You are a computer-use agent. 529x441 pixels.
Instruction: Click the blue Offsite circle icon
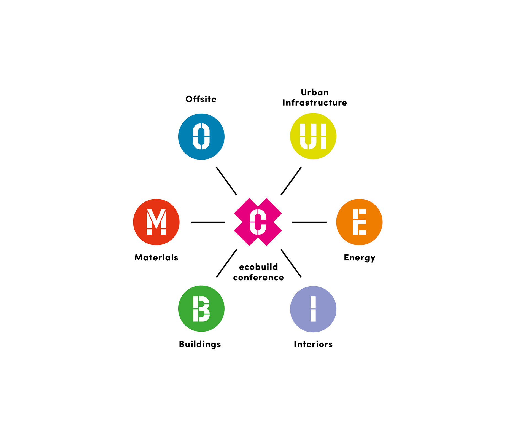[x=201, y=136]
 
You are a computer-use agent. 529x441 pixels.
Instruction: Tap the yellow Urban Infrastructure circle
[x=313, y=136]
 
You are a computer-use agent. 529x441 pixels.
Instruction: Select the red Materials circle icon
[x=156, y=222]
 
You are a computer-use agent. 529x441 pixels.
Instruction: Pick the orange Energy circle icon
[x=359, y=222]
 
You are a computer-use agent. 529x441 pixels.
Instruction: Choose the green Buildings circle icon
[x=201, y=308]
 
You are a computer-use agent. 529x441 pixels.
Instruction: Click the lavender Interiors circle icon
[x=313, y=309]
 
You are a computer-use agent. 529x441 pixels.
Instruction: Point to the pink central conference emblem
[x=258, y=222]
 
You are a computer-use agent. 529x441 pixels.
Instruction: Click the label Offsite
[x=201, y=99]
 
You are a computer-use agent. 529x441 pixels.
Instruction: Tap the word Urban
[x=315, y=92]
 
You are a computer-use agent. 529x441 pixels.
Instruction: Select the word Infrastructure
[x=315, y=103]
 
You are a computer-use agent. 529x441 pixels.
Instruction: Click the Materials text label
[x=156, y=257]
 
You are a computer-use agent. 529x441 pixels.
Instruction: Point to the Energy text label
[x=359, y=258]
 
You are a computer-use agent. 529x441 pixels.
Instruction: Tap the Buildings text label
[x=200, y=344]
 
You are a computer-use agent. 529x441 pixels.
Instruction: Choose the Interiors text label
[x=313, y=344]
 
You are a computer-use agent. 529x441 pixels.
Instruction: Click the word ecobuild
[x=258, y=267]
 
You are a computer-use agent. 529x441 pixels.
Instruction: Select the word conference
[x=258, y=277]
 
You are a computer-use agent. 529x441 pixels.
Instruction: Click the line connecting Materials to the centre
[x=208, y=222]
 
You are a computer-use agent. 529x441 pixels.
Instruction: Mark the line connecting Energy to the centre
[x=309, y=222]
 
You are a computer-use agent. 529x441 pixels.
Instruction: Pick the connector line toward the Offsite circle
[x=226, y=181]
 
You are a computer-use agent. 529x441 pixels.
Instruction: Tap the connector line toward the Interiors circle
[x=291, y=263]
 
